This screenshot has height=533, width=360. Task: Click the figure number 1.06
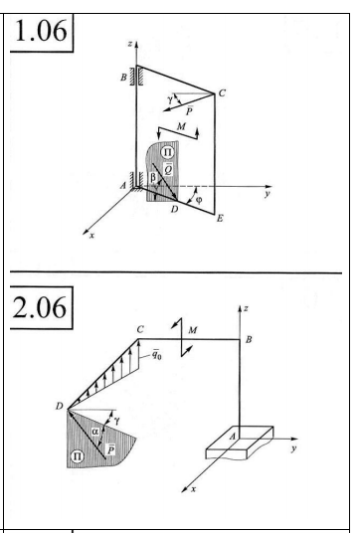[41, 31]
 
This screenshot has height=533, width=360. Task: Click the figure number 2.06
[40, 307]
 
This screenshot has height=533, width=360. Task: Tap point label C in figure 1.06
[222, 92]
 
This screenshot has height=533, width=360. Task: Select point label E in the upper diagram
[220, 218]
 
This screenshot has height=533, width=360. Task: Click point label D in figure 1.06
[174, 210]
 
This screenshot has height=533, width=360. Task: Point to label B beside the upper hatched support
[123, 78]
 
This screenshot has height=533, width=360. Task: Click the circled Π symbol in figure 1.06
[167, 151]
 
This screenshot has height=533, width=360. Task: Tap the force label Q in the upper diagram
[168, 169]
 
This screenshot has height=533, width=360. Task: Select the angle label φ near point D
[199, 200]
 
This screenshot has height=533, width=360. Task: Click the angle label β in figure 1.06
[153, 177]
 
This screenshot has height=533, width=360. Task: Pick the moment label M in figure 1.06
[182, 126]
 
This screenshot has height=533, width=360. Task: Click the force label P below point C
[189, 110]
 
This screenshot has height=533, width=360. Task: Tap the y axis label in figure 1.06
[268, 194]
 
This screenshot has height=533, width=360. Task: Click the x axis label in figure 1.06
[91, 236]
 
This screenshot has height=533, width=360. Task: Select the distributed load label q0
[157, 355]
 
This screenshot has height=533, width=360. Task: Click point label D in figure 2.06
[60, 406]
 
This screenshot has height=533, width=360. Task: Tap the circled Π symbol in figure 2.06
[77, 455]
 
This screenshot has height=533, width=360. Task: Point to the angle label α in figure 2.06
[95, 432]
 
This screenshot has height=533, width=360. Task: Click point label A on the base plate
[233, 437]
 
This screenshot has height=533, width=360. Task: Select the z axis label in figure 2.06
[246, 308]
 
